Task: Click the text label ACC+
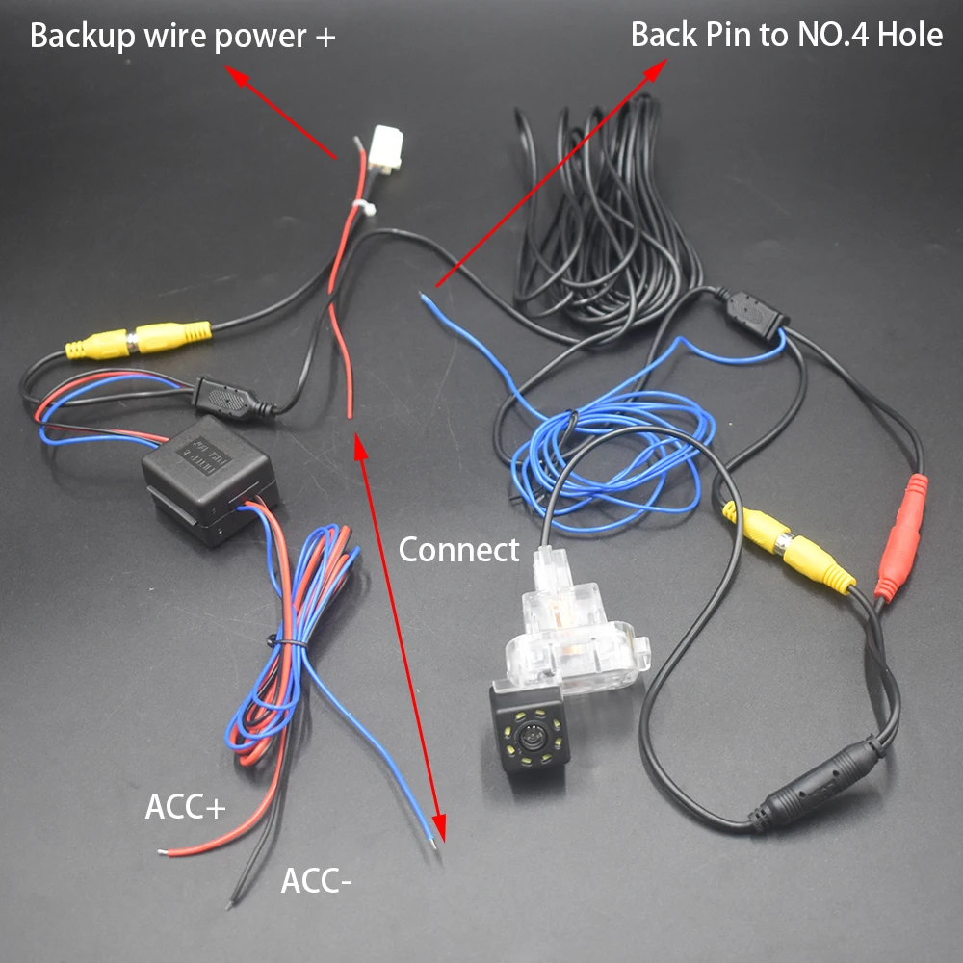click(x=185, y=807)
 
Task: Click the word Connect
click(x=458, y=550)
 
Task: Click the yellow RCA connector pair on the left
click(x=138, y=340)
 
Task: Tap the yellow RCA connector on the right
click(x=790, y=548)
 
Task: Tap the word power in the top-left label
click(x=259, y=37)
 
